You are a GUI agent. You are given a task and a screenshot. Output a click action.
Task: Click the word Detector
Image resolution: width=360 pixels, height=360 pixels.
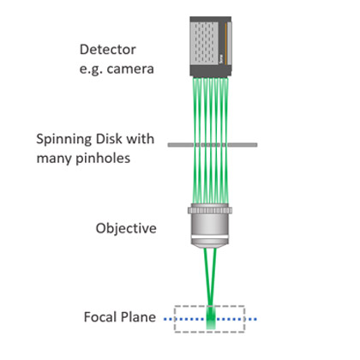pyautogui.click(x=108, y=50)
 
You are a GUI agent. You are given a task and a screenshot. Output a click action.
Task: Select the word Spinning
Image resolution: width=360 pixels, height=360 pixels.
pyautogui.click(x=64, y=140)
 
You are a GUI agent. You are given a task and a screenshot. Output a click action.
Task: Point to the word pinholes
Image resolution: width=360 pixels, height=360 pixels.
pyautogui.click(x=103, y=159)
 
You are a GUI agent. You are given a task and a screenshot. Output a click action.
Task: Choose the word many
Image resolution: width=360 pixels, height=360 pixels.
pyautogui.click(x=54, y=159)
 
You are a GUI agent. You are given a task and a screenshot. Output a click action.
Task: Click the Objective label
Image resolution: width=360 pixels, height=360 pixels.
pyautogui.click(x=126, y=229)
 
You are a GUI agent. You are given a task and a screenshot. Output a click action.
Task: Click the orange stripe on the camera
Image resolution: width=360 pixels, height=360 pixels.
pyautogui.click(x=225, y=43)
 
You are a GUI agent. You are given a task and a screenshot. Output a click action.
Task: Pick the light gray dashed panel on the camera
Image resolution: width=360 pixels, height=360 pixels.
pyautogui.click(x=205, y=43)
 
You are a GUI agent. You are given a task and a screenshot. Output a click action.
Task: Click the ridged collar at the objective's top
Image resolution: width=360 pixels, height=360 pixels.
pyautogui.click(x=210, y=211)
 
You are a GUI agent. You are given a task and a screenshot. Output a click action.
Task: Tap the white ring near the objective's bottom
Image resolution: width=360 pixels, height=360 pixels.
pyautogui.click(x=210, y=237)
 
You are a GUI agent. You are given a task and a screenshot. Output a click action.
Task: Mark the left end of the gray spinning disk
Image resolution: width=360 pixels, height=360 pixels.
pyautogui.click(x=169, y=145)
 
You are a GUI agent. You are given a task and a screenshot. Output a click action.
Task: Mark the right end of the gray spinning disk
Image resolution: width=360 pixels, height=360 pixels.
pyautogui.click(x=256, y=145)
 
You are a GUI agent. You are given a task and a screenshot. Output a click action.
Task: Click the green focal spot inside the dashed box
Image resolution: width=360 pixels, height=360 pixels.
pyautogui.click(x=211, y=318)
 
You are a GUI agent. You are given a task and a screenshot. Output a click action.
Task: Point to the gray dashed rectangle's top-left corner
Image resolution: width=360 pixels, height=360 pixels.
pyautogui.click(x=175, y=306)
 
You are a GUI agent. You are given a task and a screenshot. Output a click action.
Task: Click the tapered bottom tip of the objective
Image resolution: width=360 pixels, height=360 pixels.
pyautogui.click(x=210, y=246)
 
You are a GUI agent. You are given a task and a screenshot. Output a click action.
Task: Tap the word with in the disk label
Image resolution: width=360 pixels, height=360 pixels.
pyautogui.click(x=141, y=139)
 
